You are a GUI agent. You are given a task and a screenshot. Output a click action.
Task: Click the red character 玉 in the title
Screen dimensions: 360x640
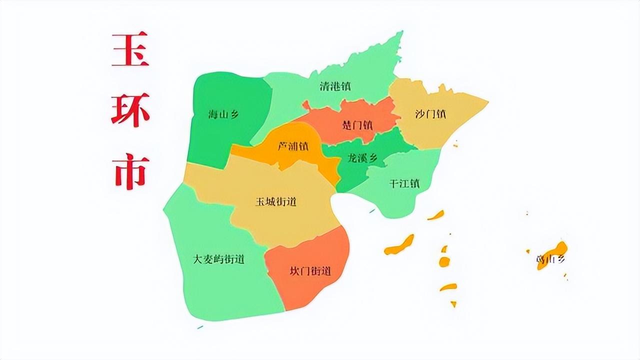130,50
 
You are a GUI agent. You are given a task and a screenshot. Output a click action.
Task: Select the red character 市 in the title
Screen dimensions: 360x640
130,171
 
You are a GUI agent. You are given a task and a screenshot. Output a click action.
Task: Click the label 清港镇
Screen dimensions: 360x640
335,86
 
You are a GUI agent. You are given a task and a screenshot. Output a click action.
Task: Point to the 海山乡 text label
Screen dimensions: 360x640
223,114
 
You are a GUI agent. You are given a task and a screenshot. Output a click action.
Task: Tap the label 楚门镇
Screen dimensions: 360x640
357,125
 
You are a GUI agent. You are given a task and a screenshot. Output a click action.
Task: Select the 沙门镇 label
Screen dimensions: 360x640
430,114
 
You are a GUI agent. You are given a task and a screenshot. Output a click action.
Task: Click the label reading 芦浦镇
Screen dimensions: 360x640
293,147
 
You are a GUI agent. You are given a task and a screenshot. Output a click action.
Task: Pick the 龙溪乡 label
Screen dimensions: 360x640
363,159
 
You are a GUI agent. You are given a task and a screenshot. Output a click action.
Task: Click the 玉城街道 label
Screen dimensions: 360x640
276,202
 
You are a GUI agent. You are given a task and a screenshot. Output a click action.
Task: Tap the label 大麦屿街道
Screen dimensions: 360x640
219,259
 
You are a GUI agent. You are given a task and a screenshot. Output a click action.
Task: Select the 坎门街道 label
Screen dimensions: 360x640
310,271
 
